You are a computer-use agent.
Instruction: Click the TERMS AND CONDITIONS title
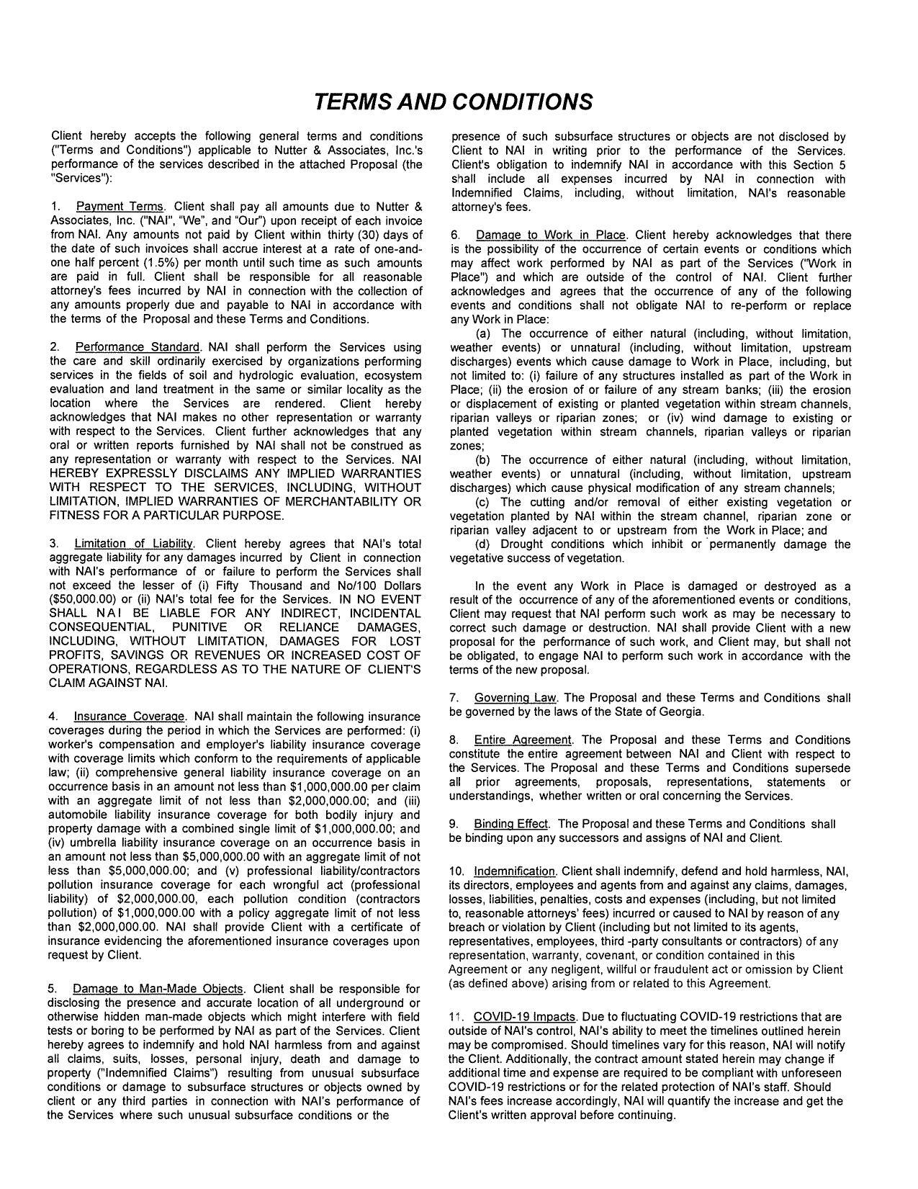pos(454,102)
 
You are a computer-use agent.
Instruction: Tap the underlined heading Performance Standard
pos(137,348)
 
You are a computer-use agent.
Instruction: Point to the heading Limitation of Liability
pos(133,544)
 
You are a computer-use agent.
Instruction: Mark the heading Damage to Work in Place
pos(551,235)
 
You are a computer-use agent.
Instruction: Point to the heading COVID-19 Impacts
pos(525,1017)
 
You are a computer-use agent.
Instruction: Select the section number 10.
pos(456,872)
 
